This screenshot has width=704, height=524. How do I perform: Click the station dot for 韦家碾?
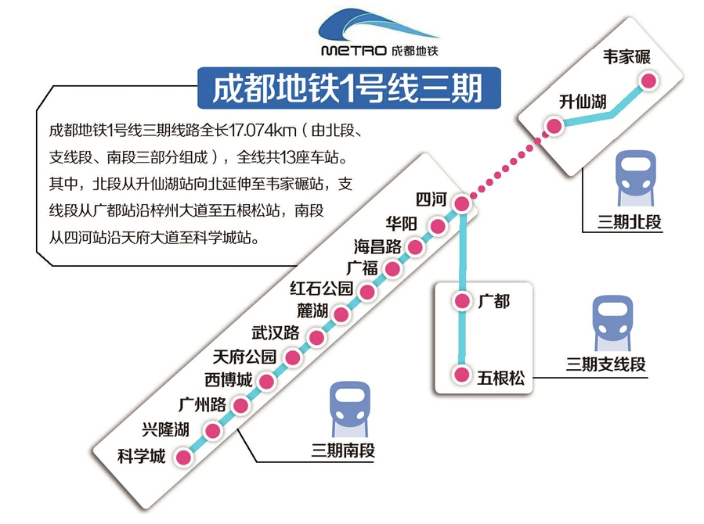pyautogui.click(x=648, y=81)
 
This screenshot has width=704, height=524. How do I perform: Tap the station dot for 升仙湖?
pyautogui.click(x=554, y=126)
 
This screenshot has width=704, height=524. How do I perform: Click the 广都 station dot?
pyautogui.click(x=463, y=300)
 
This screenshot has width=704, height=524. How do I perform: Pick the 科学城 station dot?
pyautogui.click(x=183, y=457)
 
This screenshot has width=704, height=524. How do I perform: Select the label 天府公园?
pyautogui.click(x=244, y=358)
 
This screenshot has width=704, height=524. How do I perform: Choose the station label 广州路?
pyautogui.click(x=202, y=405)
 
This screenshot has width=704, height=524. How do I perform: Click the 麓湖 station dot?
pyautogui.click(x=341, y=314)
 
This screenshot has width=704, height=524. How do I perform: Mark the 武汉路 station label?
pyautogui.click(x=276, y=332)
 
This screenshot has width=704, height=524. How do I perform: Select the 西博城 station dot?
pyautogui.click(x=267, y=382)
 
